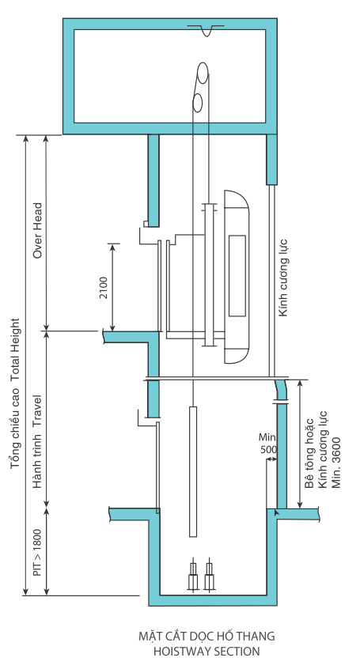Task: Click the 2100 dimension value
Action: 104,288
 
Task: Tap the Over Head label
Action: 38,230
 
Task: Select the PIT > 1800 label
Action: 38,553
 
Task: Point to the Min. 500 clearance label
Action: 267,444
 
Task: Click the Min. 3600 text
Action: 336,463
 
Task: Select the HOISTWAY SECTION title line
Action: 207,652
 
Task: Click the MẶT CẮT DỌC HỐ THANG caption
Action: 207,636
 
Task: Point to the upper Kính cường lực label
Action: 283,278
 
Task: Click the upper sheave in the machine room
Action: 203,72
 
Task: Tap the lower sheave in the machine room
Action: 197,102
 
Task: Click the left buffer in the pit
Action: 193,575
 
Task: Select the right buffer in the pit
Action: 209,575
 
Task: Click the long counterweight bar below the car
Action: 193,471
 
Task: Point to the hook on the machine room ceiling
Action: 207,30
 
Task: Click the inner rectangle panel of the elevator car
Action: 237,276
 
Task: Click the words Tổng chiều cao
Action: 16,425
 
